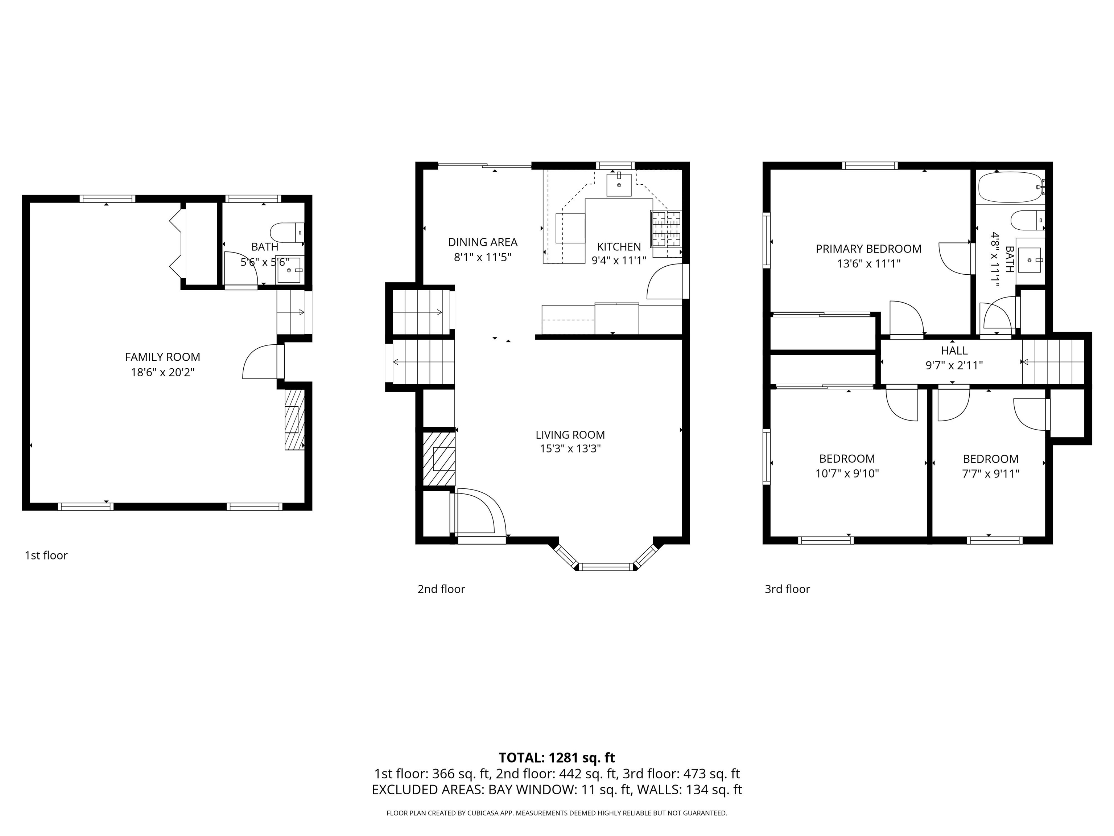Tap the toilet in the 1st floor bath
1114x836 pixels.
[x=286, y=232]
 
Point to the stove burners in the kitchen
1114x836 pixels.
[x=666, y=228]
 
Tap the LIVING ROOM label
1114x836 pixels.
[x=570, y=434]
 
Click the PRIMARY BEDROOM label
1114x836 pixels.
[x=868, y=249]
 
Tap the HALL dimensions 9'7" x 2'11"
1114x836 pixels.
[x=954, y=365]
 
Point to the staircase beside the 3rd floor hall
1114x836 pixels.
[x=1053, y=362]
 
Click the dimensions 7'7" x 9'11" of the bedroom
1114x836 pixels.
[x=991, y=474]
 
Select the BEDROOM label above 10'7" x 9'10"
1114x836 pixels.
[x=847, y=459]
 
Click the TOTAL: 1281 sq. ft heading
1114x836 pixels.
[x=557, y=757]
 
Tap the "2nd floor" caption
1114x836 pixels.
[x=441, y=589]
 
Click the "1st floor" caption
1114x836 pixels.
[x=46, y=555]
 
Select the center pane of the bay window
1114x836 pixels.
[x=606, y=567]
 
